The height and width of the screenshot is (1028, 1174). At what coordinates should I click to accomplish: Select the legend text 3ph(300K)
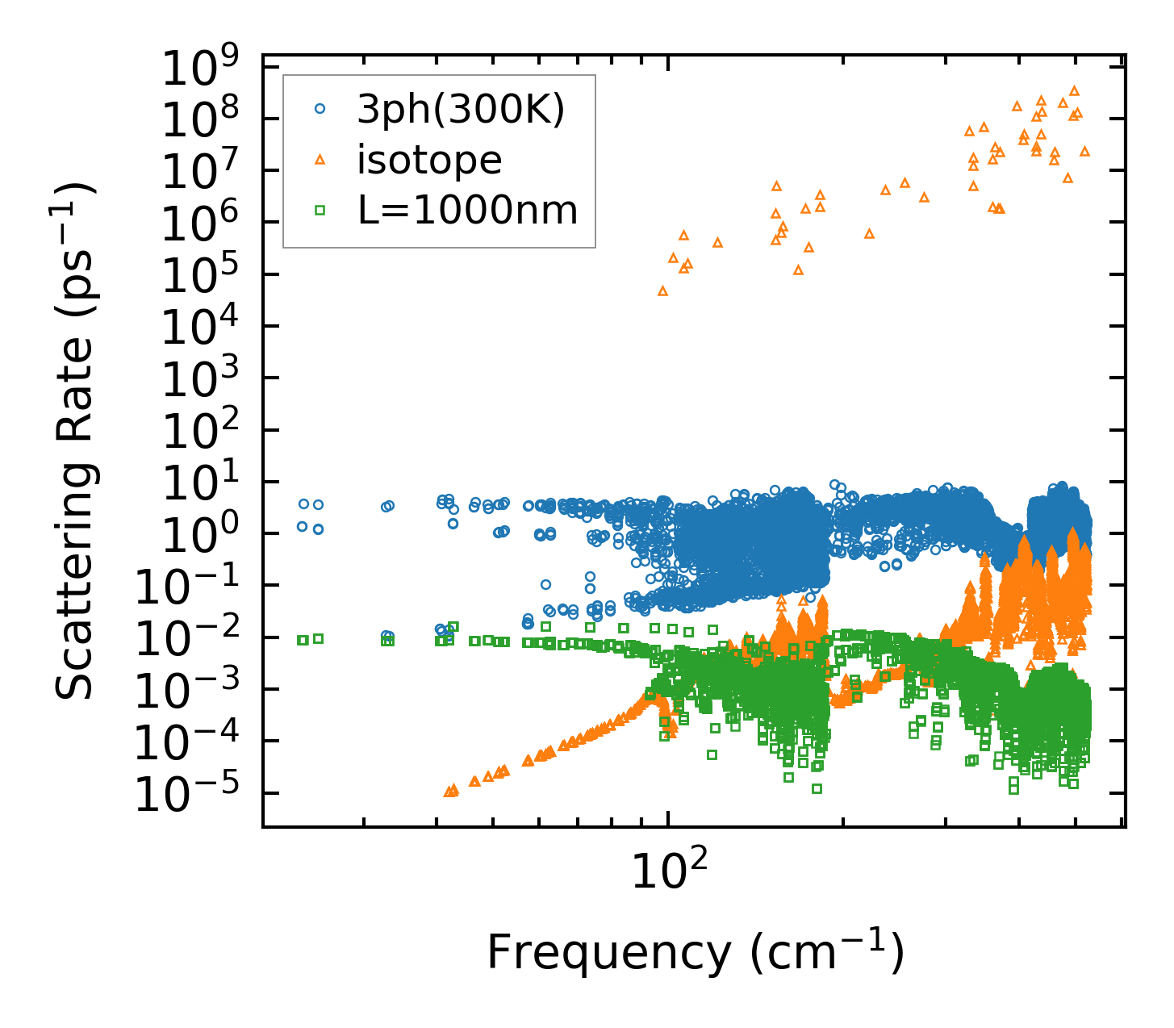(462, 110)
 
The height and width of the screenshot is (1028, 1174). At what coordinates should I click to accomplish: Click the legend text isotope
(430, 160)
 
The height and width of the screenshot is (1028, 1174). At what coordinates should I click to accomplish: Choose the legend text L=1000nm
(468, 211)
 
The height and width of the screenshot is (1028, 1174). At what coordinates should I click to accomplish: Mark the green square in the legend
(320, 211)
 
